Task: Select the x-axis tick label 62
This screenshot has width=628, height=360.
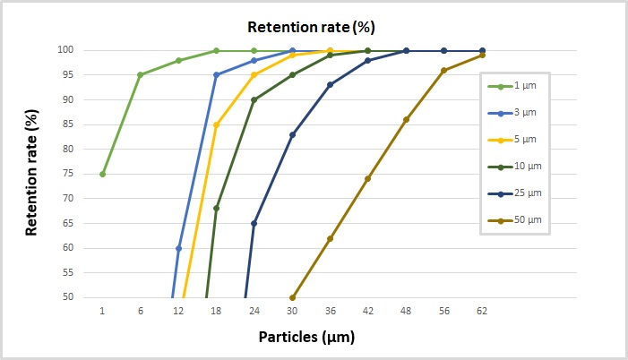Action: [x=482, y=311]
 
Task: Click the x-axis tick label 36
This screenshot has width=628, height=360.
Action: [x=330, y=311]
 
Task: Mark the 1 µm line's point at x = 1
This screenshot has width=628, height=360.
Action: [x=102, y=174]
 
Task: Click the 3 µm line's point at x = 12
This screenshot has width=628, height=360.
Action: [x=178, y=248]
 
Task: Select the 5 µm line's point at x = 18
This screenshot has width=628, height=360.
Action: [x=216, y=124]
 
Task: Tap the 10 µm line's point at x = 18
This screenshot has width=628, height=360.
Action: [x=216, y=209]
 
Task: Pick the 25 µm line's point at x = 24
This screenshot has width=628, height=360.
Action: [x=254, y=223]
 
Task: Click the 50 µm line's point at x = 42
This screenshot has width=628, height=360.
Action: [x=367, y=179]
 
